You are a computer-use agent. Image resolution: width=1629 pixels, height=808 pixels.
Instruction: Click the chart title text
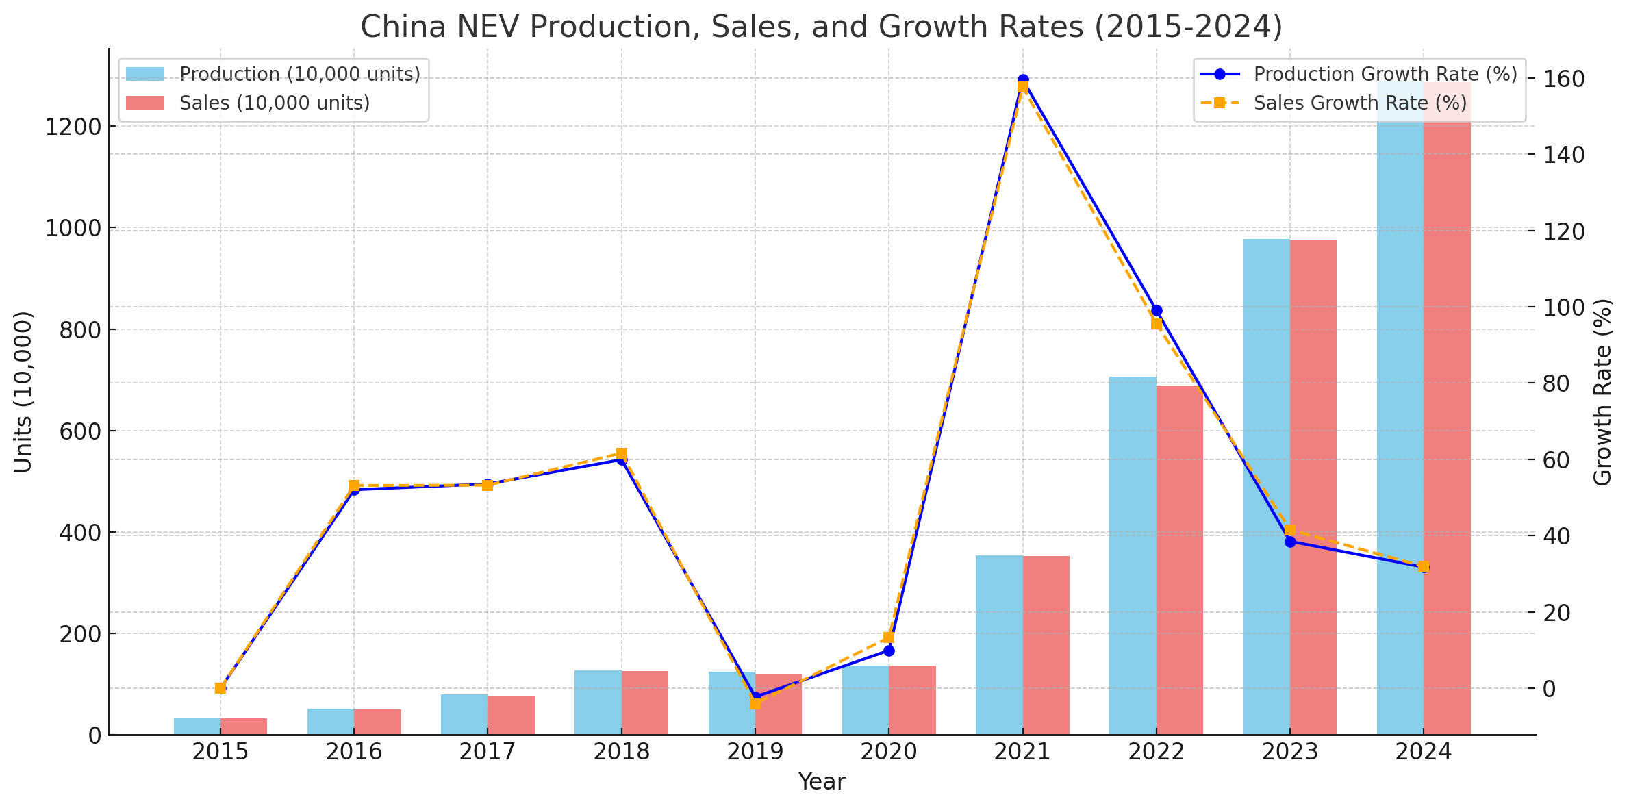pos(821,27)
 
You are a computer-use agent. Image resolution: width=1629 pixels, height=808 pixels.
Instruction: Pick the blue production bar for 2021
pos(999,644)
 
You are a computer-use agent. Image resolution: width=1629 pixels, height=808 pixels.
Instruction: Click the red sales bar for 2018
pos(645,703)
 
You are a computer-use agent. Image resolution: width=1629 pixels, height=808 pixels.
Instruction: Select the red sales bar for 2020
pos(912,700)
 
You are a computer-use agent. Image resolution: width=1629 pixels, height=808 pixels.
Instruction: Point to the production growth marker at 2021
pos(1023,80)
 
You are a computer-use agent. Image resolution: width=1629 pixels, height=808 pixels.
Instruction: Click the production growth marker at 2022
pos(1157,311)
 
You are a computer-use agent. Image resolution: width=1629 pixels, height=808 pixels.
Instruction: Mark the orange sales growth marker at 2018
pos(622,453)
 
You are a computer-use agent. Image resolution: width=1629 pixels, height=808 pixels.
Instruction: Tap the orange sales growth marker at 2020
pos(889,637)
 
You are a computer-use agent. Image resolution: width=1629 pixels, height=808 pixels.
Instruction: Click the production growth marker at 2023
pos(1290,542)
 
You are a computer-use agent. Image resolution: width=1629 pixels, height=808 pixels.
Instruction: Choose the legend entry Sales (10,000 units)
pos(274,103)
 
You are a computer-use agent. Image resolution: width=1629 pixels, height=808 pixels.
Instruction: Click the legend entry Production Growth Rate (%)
pos(1385,74)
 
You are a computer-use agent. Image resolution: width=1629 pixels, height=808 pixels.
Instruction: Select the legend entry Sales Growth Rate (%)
pos(1360,103)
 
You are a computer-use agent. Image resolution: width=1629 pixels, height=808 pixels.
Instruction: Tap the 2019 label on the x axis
pos(755,753)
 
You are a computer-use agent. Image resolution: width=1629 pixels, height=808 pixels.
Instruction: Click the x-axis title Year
pos(822,782)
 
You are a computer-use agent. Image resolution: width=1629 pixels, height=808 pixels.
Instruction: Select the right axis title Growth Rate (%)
pos(1603,392)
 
